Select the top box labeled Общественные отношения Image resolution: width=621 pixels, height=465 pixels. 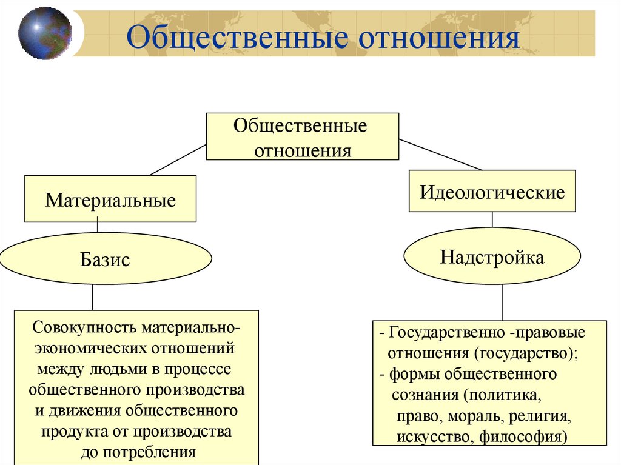303,136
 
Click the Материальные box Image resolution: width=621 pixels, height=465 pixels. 110,199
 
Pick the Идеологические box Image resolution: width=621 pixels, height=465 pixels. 492,192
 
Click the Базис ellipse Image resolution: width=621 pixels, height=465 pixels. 105,260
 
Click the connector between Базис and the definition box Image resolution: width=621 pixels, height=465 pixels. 92,298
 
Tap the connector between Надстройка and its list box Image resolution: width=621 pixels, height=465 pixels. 503,303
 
